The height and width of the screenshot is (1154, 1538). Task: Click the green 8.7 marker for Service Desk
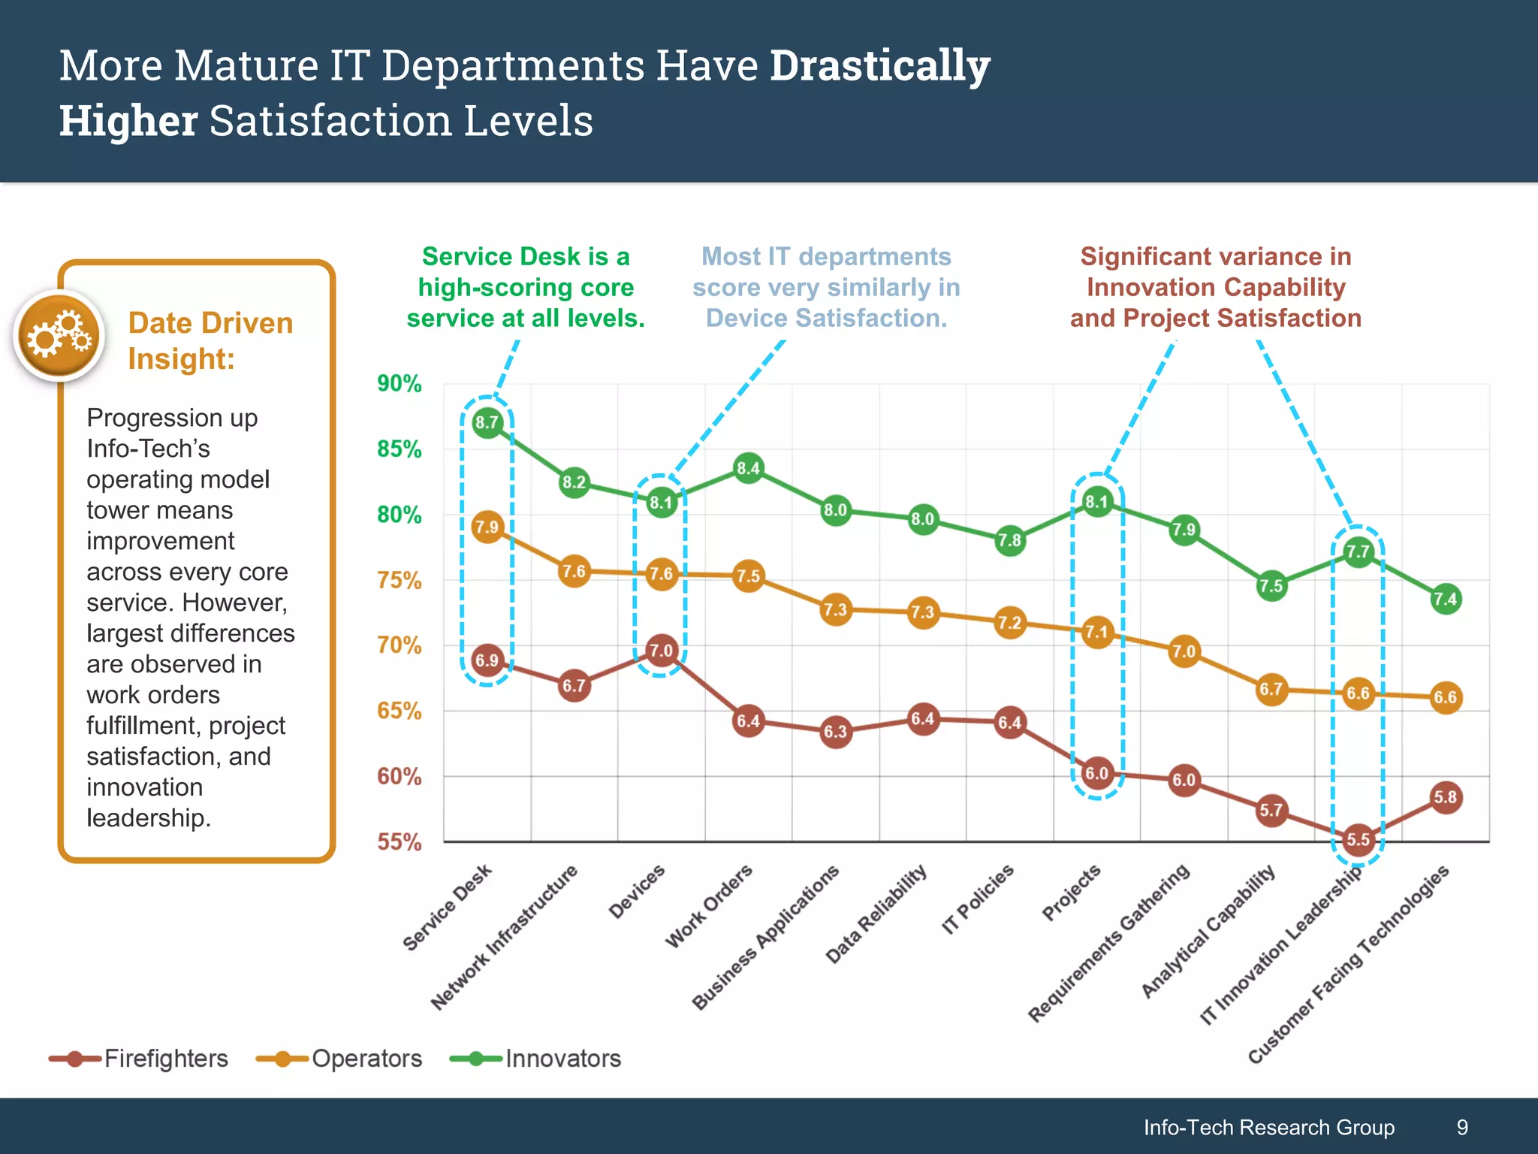click(487, 423)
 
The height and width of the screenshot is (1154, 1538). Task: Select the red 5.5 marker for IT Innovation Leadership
click(1358, 839)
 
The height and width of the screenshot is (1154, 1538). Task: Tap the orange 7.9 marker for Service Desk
click(487, 527)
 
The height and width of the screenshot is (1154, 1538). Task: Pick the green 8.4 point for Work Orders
click(748, 469)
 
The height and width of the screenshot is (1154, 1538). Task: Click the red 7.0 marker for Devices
click(661, 651)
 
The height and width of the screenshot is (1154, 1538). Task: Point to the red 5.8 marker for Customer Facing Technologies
click(1445, 797)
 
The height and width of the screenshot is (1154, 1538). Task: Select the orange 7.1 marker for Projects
click(1096, 632)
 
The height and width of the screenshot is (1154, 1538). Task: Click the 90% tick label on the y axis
click(399, 384)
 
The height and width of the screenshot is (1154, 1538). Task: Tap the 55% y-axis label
click(399, 842)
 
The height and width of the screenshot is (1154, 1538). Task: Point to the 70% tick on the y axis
click(399, 645)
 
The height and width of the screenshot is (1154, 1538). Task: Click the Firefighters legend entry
click(139, 1059)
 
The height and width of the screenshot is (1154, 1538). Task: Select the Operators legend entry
click(339, 1059)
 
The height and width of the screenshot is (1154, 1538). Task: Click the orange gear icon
click(59, 336)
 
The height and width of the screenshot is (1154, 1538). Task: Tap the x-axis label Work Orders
click(709, 906)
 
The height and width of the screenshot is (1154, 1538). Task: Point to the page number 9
click(1461, 1127)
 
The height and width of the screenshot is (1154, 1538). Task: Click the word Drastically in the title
click(879, 66)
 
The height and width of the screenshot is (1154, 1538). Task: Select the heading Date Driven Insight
click(210, 341)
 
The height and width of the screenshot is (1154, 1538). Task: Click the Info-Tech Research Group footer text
click(1268, 1127)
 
